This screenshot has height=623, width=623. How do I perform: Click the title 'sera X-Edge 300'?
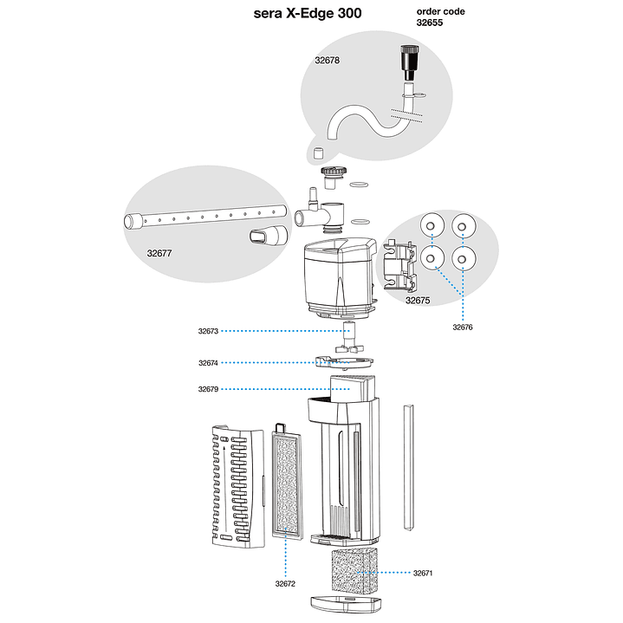(x=308, y=13)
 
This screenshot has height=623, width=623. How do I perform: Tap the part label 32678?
(x=327, y=61)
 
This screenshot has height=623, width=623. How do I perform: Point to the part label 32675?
(x=418, y=301)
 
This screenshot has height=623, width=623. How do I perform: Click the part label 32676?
(x=464, y=328)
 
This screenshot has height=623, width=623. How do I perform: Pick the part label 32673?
(x=208, y=331)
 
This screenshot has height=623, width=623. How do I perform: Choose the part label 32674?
(x=208, y=363)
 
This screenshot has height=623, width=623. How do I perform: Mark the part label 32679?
(x=208, y=390)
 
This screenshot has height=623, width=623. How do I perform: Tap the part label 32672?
(x=286, y=584)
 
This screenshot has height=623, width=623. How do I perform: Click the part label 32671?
(x=423, y=574)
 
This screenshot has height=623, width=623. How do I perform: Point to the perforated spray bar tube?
(x=208, y=217)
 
